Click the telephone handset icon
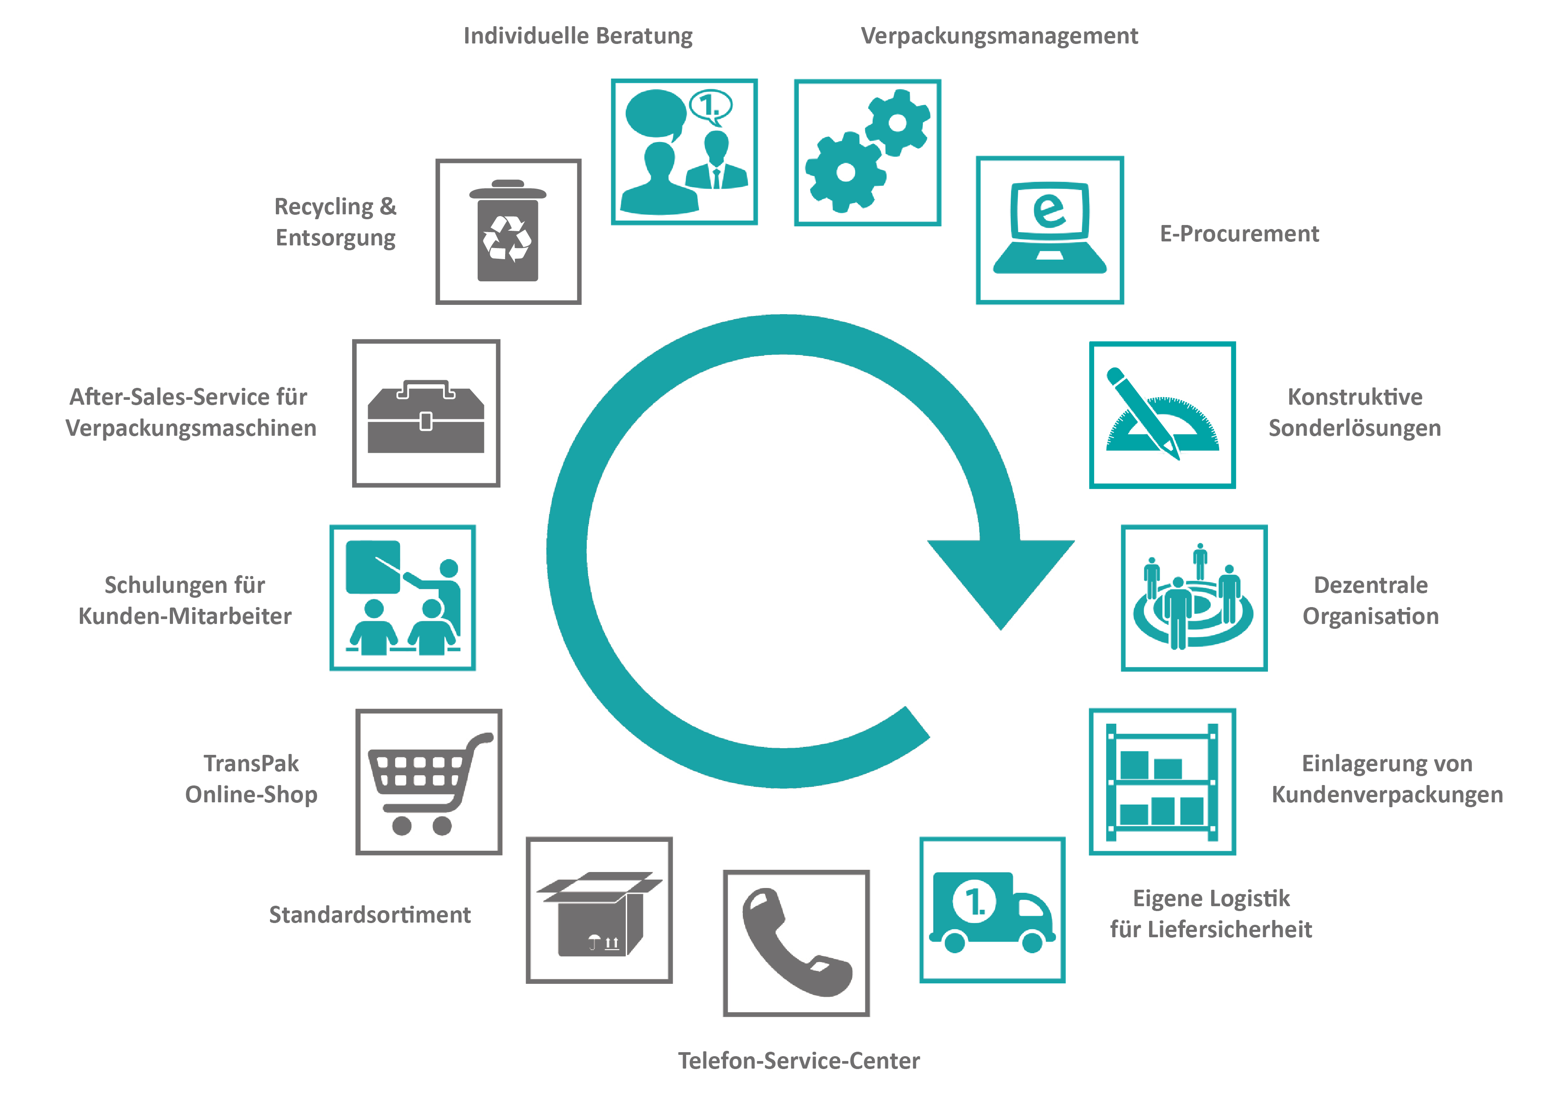796,943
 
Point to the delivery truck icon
992,911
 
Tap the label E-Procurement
1239,233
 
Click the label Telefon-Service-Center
799,1061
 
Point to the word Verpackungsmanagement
999,36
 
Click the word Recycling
323,206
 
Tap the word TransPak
251,763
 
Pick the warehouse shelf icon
1162,782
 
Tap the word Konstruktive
1354,397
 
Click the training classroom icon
403,598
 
